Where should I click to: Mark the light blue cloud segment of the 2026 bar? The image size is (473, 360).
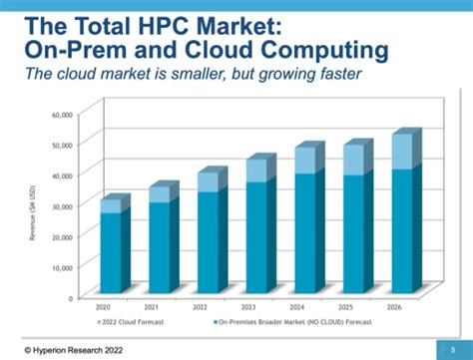[374, 151]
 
